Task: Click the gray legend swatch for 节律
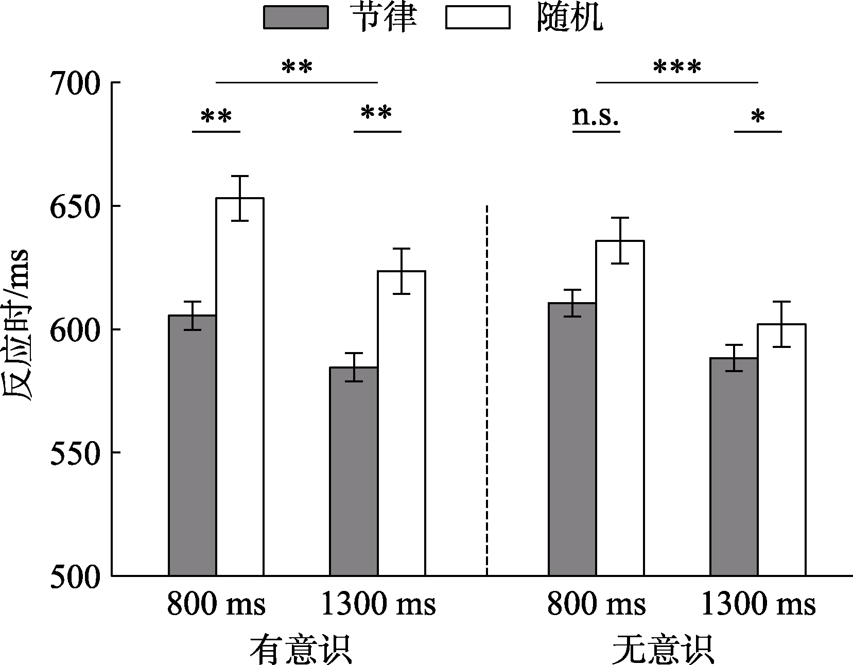pyautogui.click(x=295, y=17)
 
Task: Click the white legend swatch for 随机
pyautogui.click(x=478, y=17)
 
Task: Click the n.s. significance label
pyautogui.click(x=596, y=116)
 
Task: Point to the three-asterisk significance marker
pyautogui.click(x=677, y=67)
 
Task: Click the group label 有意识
pyautogui.click(x=301, y=651)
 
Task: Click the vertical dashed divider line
pyautogui.click(x=487, y=391)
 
